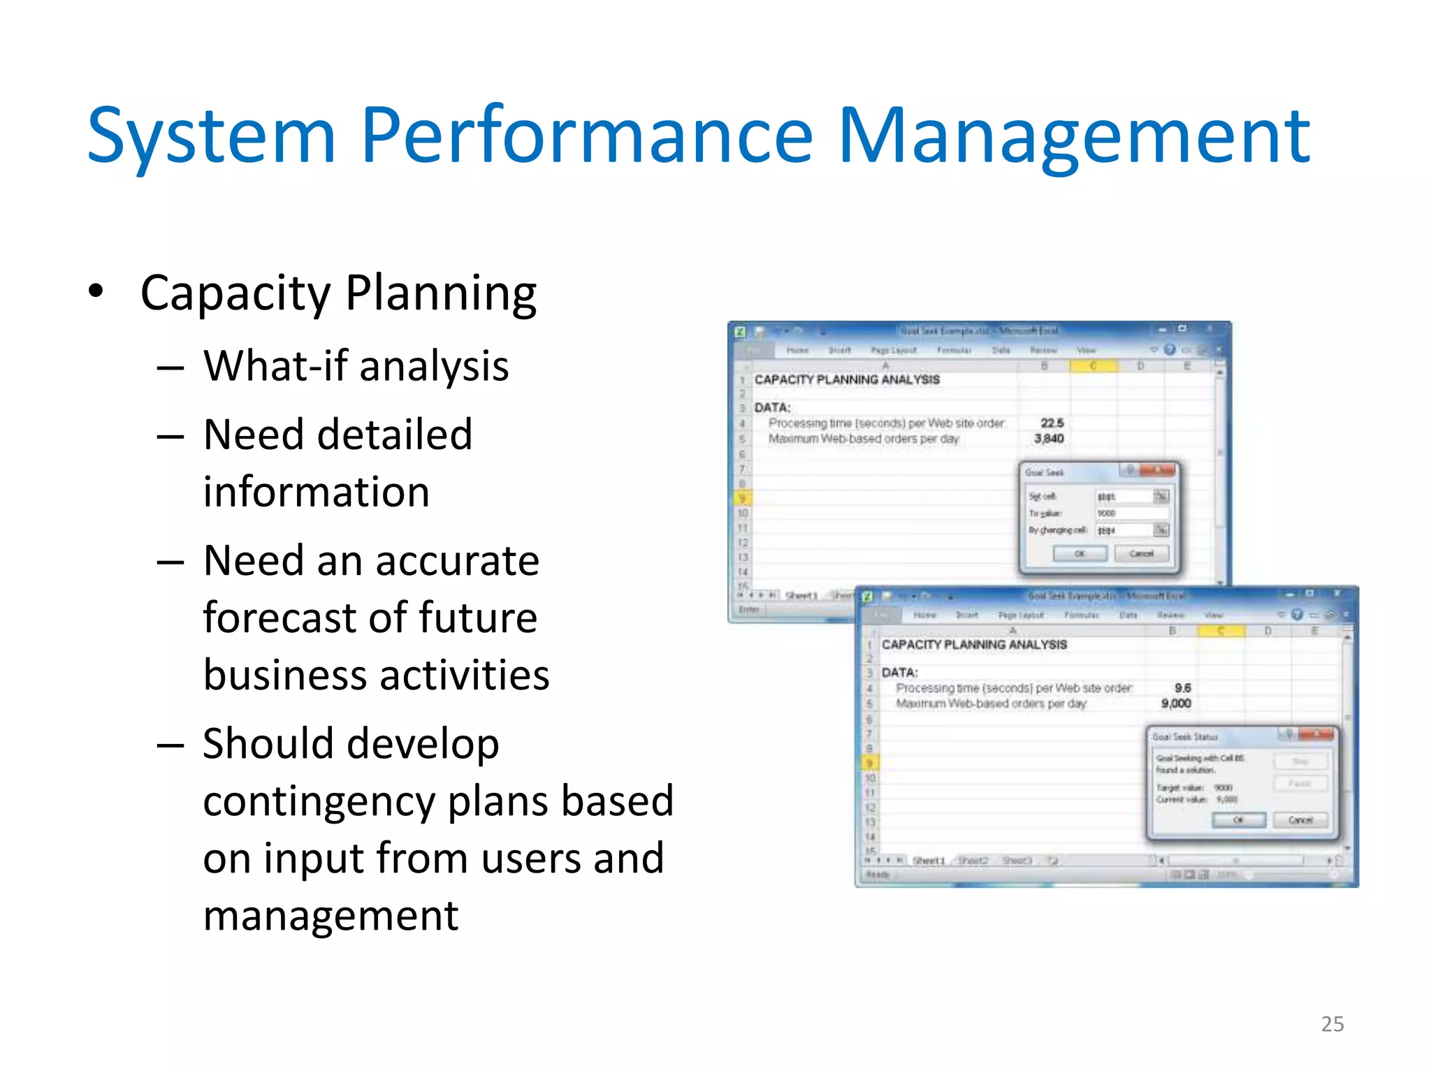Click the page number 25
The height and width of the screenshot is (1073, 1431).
[1332, 1023]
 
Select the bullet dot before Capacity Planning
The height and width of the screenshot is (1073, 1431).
[96, 291]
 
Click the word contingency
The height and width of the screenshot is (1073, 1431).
[318, 801]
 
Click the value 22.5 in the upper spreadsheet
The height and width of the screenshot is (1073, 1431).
[1052, 423]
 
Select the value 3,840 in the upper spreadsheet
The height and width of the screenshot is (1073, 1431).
[1049, 439]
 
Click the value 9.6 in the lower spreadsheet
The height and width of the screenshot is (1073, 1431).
[1182, 688]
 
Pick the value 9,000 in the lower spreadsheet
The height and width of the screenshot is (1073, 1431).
[1176, 703]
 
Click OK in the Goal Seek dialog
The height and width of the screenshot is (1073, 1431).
[1080, 553]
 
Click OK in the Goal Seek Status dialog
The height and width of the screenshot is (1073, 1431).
[1238, 819]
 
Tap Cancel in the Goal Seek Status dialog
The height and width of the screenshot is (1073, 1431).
[1300, 819]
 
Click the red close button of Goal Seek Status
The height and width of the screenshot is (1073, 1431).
[1317, 734]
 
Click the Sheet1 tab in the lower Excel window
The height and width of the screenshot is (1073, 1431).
[929, 861]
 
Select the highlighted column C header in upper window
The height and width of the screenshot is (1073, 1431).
[1093, 366]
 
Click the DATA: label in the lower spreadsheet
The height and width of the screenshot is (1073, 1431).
[899, 672]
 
